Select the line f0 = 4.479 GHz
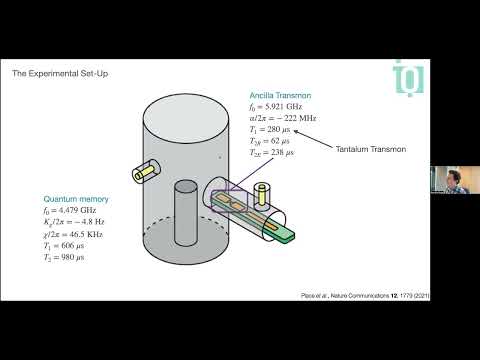pos(76,211)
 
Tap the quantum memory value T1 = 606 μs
pos(70,244)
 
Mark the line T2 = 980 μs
pos(70,257)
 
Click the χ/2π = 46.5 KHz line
pos(78,234)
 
